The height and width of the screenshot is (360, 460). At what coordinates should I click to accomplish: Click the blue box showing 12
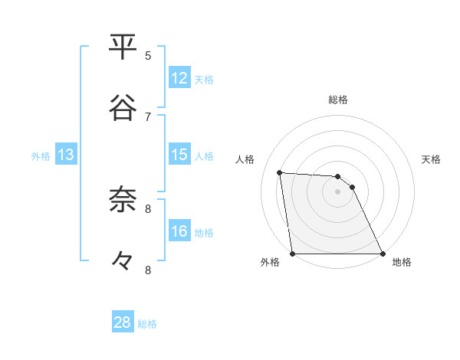click(179, 78)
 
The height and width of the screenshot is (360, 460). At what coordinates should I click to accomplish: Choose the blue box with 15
click(179, 155)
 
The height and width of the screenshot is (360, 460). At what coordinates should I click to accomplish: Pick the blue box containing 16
click(179, 231)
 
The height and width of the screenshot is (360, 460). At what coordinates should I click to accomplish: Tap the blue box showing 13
click(66, 155)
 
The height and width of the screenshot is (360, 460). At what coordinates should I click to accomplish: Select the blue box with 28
click(123, 322)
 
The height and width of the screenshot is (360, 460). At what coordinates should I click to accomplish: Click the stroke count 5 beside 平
click(148, 55)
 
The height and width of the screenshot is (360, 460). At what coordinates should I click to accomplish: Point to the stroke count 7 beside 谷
click(148, 116)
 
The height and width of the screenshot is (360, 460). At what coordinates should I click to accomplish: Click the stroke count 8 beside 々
click(148, 270)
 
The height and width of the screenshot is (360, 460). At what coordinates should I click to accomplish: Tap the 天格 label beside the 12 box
click(204, 80)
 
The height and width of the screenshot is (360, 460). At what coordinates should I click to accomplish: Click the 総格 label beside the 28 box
click(147, 324)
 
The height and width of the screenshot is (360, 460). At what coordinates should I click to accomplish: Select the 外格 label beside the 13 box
click(41, 156)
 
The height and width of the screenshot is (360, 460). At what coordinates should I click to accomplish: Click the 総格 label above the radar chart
click(338, 100)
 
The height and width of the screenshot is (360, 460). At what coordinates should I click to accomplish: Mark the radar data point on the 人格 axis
click(280, 172)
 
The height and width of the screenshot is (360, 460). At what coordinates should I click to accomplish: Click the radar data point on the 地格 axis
click(382, 254)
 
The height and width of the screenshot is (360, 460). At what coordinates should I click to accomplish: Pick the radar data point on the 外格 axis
click(293, 254)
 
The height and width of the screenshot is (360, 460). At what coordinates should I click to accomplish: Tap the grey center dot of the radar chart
click(337, 191)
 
